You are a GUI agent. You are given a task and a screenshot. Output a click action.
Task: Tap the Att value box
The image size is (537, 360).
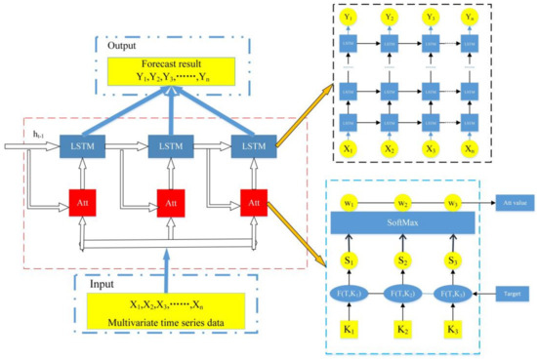[496, 201]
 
